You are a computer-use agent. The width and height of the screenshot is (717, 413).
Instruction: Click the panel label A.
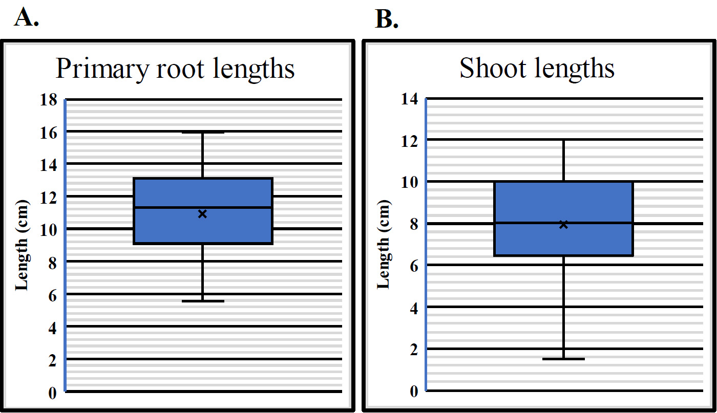pyautogui.click(x=26, y=17)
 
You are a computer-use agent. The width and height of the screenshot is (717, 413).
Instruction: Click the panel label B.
pyautogui.click(x=386, y=19)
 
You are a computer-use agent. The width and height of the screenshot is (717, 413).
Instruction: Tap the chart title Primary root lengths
pyautogui.click(x=175, y=69)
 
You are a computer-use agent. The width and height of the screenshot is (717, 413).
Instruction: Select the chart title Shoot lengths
pyautogui.click(x=537, y=69)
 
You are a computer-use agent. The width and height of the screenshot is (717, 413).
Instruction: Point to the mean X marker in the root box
pyautogui.click(x=202, y=214)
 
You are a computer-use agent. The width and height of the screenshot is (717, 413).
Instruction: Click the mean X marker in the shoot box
pyautogui.click(x=563, y=225)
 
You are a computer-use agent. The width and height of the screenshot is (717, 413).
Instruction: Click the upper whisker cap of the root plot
pyautogui.click(x=203, y=132)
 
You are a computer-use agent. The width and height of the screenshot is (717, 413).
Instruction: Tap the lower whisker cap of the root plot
pyautogui.click(x=203, y=301)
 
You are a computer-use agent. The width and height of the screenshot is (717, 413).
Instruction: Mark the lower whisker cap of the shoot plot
pyautogui.click(x=563, y=359)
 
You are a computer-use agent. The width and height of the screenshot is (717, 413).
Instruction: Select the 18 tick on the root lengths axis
pyautogui.click(x=49, y=99)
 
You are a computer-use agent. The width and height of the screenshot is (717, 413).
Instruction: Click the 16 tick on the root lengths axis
pyautogui.click(x=49, y=133)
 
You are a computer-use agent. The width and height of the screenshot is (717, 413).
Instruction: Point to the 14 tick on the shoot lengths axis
pyautogui.click(x=409, y=99)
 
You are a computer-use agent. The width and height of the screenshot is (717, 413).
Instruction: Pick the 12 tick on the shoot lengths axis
pyautogui.click(x=409, y=141)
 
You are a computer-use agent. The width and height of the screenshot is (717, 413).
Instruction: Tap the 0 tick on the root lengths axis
pyautogui.click(x=52, y=393)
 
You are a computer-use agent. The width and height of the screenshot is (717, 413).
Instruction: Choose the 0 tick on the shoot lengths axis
pyautogui.click(x=414, y=392)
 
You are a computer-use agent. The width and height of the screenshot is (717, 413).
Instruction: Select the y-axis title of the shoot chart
pyautogui.click(x=384, y=245)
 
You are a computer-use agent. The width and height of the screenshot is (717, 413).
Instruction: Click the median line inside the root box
pyautogui.click(x=203, y=208)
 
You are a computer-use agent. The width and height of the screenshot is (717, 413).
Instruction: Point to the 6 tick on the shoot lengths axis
pyautogui.click(x=414, y=266)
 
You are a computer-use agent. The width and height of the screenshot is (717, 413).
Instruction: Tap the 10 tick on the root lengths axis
pyautogui.click(x=49, y=230)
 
